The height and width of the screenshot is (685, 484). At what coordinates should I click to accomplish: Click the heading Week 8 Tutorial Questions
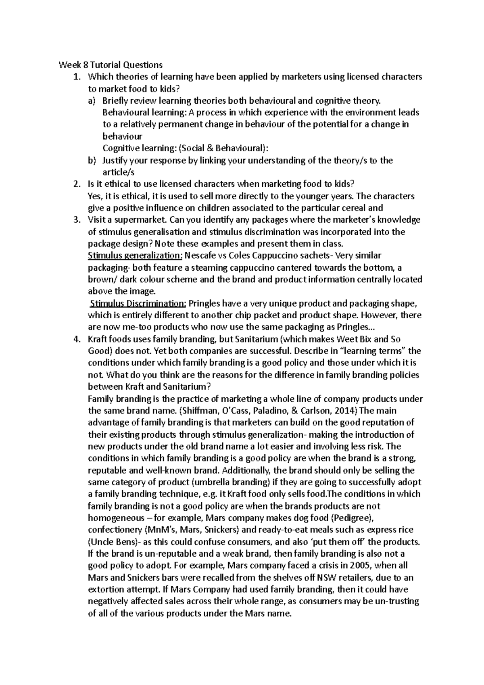click(x=111, y=65)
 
